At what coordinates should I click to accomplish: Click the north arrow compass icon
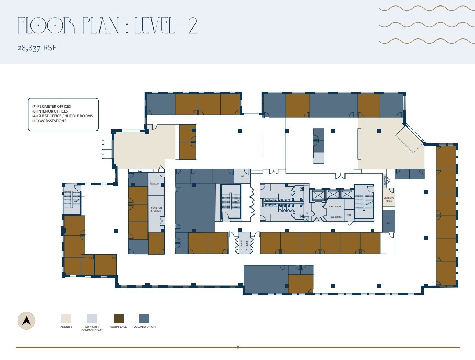click(x=26, y=321)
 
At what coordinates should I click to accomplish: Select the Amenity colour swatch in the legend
click(x=66, y=318)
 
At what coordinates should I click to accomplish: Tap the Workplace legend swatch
click(x=118, y=318)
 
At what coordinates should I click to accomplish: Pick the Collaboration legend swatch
click(x=144, y=318)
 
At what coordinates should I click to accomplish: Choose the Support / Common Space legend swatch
click(x=92, y=318)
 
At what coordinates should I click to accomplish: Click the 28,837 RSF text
click(x=37, y=48)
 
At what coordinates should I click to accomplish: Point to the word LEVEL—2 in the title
click(x=166, y=26)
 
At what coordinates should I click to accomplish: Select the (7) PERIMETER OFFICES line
click(x=52, y=106)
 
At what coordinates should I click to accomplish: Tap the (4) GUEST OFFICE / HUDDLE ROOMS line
click(x=62, y=116)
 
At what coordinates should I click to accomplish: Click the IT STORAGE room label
click(x=154, y=183)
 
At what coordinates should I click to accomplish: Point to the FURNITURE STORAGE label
click(x=157, y=209)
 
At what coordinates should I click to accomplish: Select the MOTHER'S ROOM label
click(x=389, y=199)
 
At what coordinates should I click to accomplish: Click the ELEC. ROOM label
click(x=335, y=207)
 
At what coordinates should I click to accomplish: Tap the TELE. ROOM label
click(x=335, y=217)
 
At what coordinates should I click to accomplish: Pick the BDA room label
click(x=349, y=215)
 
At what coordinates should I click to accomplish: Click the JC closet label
click(x=307, y=213)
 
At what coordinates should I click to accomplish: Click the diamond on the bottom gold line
click(x=238, y=347)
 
